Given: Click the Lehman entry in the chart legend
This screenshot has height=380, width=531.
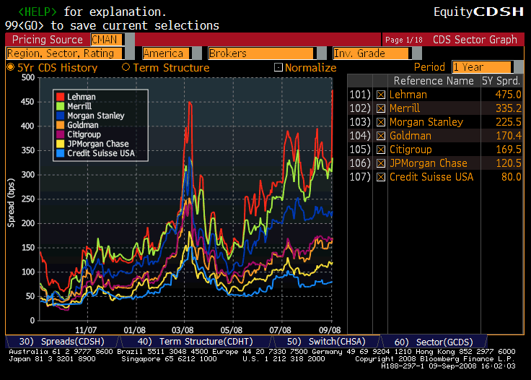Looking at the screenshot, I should [x=81, y=97].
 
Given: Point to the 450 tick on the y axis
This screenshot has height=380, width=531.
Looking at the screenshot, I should [x=27, y=102].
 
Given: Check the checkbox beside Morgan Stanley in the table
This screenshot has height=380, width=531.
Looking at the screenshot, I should [x=381, y=122].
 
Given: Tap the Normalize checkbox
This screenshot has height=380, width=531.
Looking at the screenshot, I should [x=278, y=68].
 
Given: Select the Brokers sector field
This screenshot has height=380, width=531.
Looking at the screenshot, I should [x=260, y=53].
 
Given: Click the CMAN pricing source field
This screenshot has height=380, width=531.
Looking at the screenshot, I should [x=106, y=40].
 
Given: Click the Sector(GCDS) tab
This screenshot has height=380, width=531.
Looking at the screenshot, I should [x=425, y=341].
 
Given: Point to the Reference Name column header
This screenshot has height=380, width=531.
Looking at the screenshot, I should [x=434, y=81].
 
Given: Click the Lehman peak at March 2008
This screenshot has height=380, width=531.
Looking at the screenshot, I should [x=190, y=103].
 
